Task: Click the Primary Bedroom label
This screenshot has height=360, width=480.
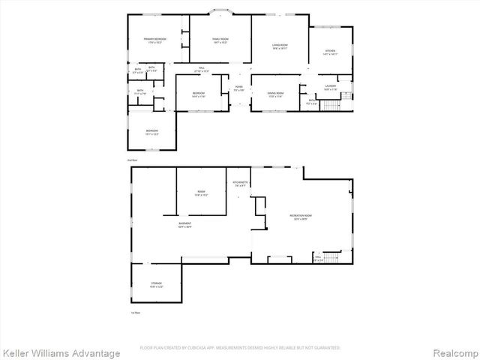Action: click(x=155, y=40)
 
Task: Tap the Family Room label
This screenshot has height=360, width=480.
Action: click(x=220, y=40)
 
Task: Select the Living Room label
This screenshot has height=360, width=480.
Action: click(x=280, y=46)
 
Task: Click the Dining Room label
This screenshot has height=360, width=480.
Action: click(x=274, y=94)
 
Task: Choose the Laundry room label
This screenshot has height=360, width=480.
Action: click(x=330, y=88)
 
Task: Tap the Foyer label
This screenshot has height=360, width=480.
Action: click(x=238, y=88)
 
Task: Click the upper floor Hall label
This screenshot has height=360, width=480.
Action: click(x=202, y=70)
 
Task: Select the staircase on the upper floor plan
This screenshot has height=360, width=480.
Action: click(x=331, y=103)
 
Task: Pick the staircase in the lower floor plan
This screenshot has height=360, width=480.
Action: click(x=334, y=259)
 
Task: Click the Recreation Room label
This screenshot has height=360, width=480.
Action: click(x=300, y=217)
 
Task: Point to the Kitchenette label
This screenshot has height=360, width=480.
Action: click(x=240, y=184)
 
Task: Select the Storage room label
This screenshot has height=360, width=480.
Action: click(x=156, y=284)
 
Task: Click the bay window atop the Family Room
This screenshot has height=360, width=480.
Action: click(x=220, y=12)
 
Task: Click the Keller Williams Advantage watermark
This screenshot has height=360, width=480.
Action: click(x=61, y=352)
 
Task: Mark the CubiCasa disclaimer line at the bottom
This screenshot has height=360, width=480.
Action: click(x=240, y=347)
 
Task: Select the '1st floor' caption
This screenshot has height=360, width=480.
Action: click(x=136, y=312)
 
